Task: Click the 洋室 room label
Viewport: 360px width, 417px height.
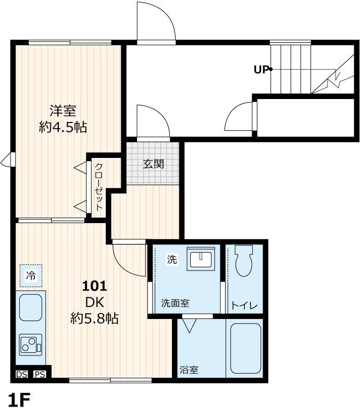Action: coord(63,111)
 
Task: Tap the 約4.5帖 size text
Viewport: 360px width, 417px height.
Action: coord(63,127)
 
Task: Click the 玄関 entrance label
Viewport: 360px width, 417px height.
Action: coord(154,164)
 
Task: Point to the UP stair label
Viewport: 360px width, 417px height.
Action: coord(262,69)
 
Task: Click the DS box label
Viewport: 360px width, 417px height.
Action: coord(21,374)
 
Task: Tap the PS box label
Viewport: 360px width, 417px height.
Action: coord(40,374)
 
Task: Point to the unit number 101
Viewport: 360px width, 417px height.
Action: coord(95,286)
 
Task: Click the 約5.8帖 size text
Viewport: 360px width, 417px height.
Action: coord(94,318)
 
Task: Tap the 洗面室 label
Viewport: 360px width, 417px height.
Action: coord(175,302)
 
